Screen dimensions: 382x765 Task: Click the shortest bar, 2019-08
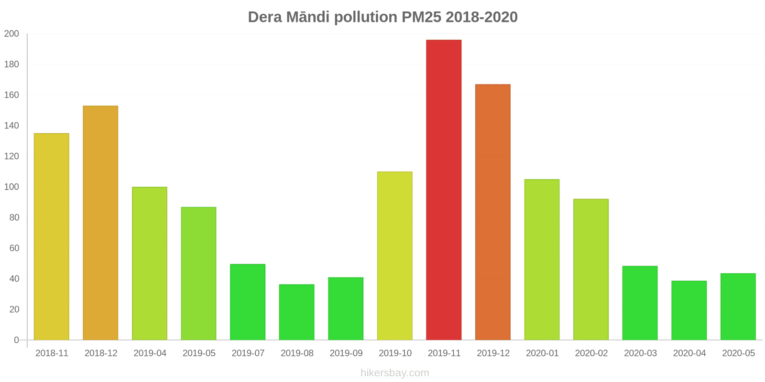(296, 312)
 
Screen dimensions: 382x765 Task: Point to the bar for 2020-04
(689, 310)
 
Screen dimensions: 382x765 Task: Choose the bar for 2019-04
(150, 263)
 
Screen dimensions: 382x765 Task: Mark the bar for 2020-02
(591, 269)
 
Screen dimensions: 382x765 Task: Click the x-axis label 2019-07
(248, 353)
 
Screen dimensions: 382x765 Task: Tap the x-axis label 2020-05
(738, 353)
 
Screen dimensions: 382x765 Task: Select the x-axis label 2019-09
(346, 353)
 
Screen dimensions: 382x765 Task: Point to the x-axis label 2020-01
(542, 353)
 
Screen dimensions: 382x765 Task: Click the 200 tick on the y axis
(11, 34)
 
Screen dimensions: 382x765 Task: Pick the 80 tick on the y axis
(14, 218)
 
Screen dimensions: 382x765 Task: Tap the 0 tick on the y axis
(16, 340)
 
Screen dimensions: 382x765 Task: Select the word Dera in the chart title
(265, 17)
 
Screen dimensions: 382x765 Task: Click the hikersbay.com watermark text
(394, 373)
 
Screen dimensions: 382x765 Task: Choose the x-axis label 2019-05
(199, 353)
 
